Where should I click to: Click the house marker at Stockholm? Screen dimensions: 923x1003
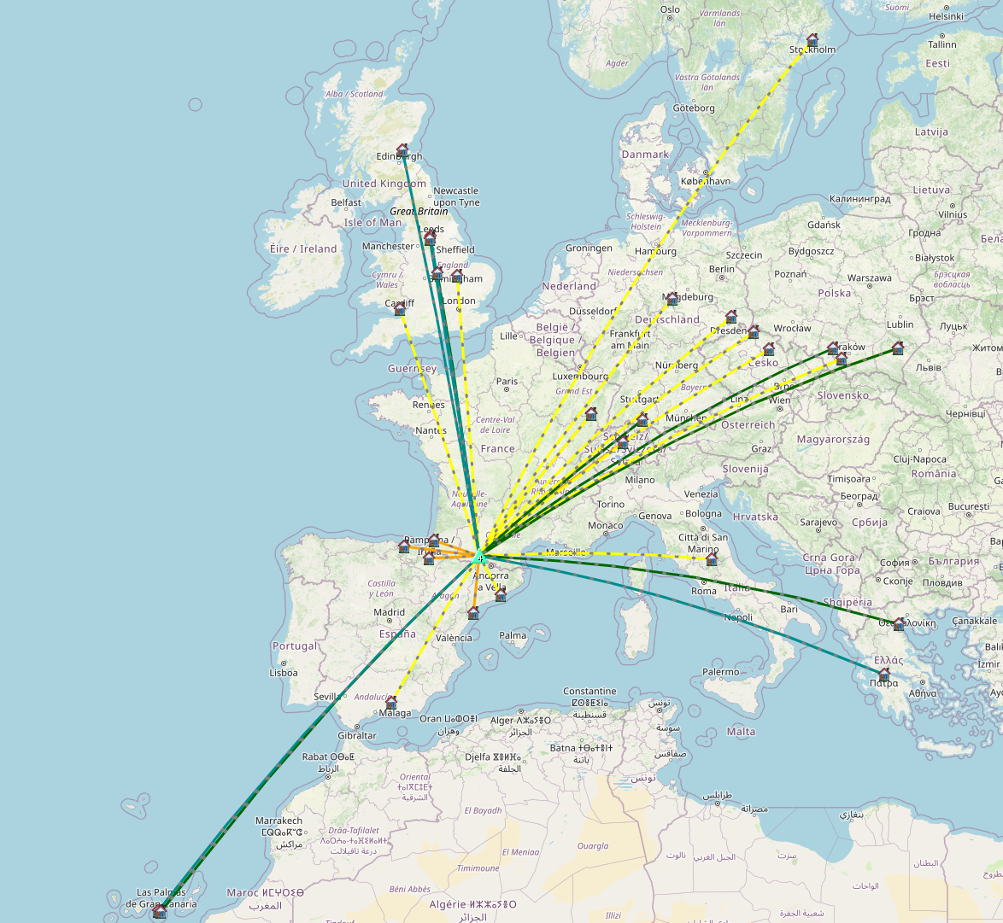pyautogui.click(x=812, y=39)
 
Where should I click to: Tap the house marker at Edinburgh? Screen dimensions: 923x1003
pyautogui.click(x=402, y=149)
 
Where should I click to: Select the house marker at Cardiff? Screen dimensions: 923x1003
pyautogui.click(x=400, y=309)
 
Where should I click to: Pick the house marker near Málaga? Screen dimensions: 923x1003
pyautogui.click(x=391, y=702)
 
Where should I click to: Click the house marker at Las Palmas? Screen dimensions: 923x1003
pyautogui.click(x=159, y=911)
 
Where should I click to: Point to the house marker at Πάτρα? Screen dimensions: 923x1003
pyautogui.click(x=884, y=675)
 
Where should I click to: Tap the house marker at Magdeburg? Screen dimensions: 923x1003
pyautogui.click(x=672, y=298)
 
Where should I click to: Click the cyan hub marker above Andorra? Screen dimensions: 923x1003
pyautogui.click(x=481, y=558)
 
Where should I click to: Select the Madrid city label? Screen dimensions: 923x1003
pyautogui.click(x=389, y=612)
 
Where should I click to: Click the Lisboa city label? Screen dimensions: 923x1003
pyautogui.click(x=284, y=672)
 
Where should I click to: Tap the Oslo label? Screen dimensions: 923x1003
pyautogui.click(x=670, y=10)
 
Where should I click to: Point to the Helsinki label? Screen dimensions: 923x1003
pyautogui.click(x=946, y=16)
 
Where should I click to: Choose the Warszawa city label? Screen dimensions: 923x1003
pyautogui.click(x=869, y=277)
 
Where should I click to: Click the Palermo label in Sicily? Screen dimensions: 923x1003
pyautogui.click(x=720, y=672)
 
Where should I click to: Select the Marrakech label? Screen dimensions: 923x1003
pyautogui.click(x=279, y=821)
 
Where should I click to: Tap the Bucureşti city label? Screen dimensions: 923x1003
pyautogui.click(x=968, y=506)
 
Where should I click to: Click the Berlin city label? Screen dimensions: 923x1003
pyautogui.click(x=721, y=269)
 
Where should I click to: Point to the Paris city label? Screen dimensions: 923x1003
pyautogui.click(x=507, y=382)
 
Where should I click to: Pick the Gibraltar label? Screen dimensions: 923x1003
pyautogui.click(x=356, y=735)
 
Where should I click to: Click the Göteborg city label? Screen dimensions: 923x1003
pyautogui.click(x=693, y=108)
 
